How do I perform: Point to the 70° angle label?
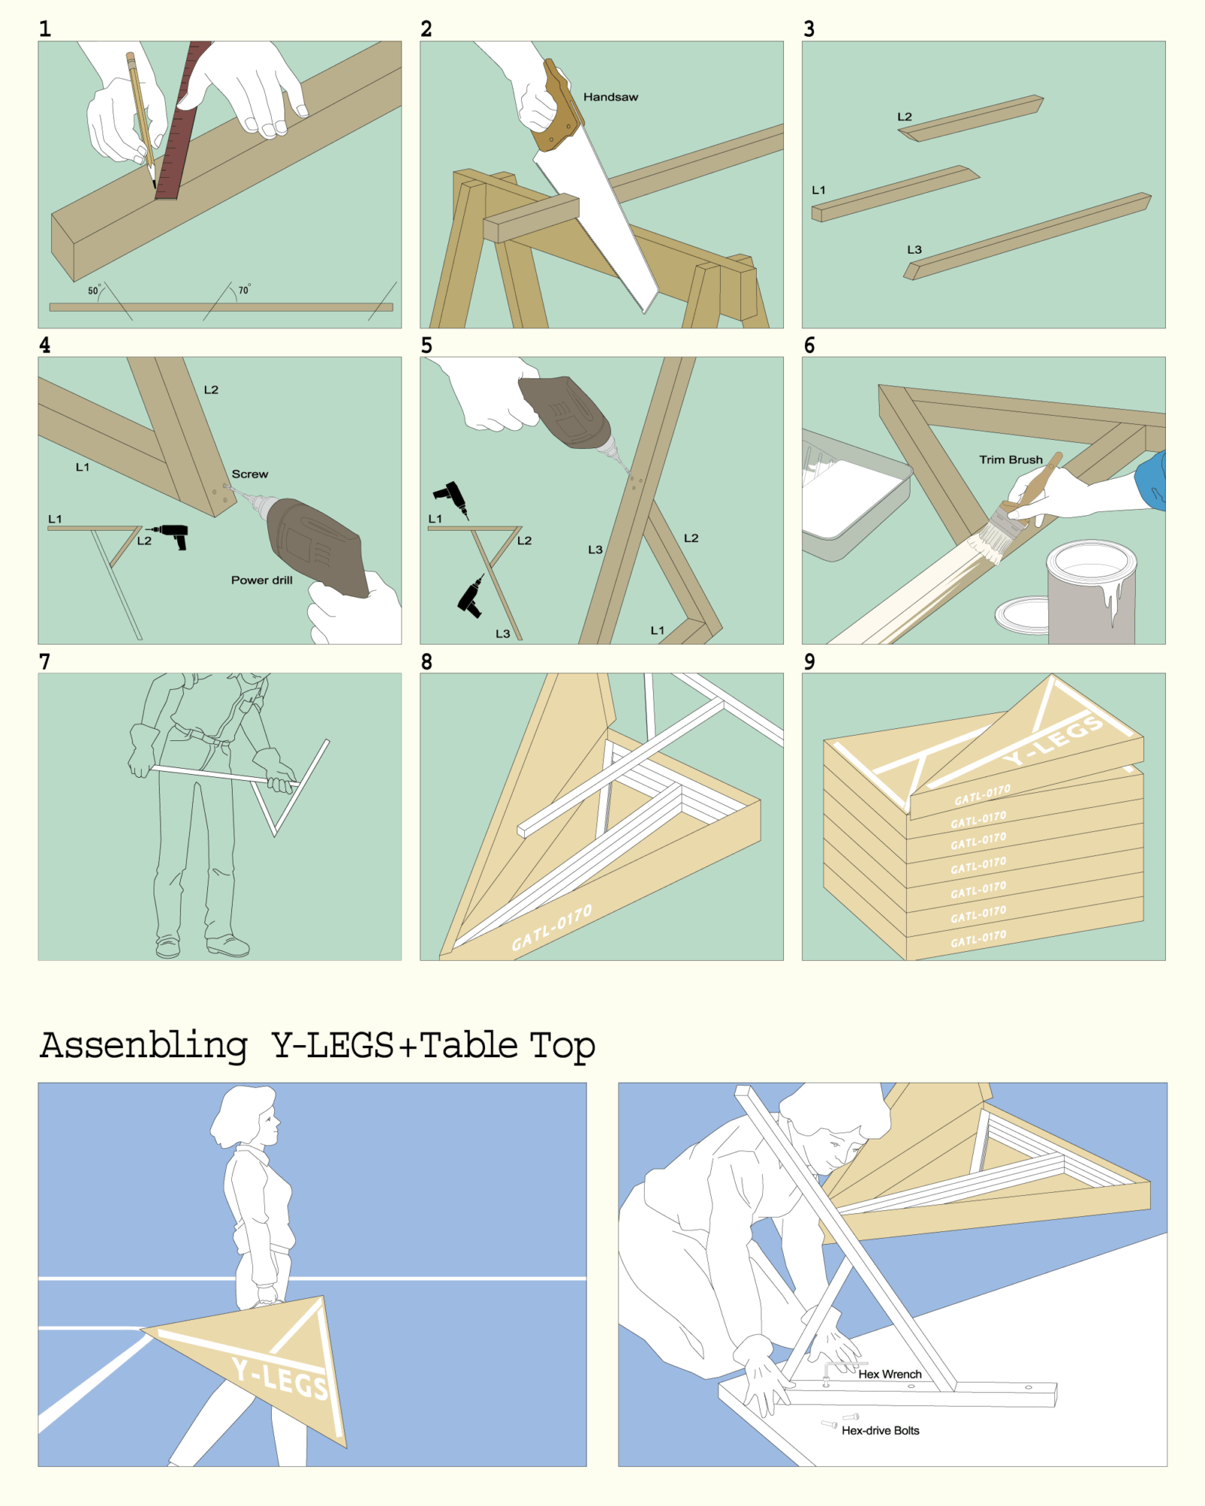pos(244,289)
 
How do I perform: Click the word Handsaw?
pos(611,97)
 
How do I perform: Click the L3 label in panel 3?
pos(914,249)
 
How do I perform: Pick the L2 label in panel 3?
pos(905,117)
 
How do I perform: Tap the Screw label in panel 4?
pos(250,474)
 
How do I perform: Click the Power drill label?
pos(262,580)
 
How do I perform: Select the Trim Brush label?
pos(1011,459)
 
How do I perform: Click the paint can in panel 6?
pos(1091,592)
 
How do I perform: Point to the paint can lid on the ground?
pos(1022,615)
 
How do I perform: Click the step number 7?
pos(45,662)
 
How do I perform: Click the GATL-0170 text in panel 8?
pos(552,928)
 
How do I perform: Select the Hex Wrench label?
pos(890,1374)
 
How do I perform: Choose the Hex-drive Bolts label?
pos(880,1431)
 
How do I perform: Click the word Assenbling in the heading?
pos(144,1047)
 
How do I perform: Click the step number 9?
pos(810,662)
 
